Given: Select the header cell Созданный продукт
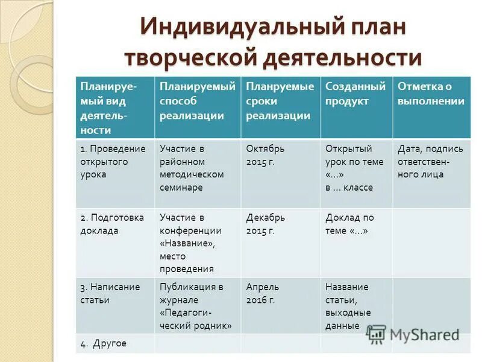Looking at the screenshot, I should coord(355,94).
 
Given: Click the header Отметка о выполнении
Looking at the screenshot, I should coord(430,94).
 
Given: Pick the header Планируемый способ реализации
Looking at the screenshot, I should coord(197,101).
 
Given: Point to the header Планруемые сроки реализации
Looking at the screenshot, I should coord(280,101).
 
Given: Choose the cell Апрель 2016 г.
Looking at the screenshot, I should coord(262,293).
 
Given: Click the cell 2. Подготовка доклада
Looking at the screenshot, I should coord(111,224).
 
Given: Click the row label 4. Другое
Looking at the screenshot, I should coord(103,343).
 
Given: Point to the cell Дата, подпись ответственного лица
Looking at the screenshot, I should coord(430,161).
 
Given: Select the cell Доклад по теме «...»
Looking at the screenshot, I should coord(349,224).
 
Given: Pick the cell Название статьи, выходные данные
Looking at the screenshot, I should coord(348,306).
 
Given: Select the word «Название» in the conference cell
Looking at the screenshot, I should coord(187,243).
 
